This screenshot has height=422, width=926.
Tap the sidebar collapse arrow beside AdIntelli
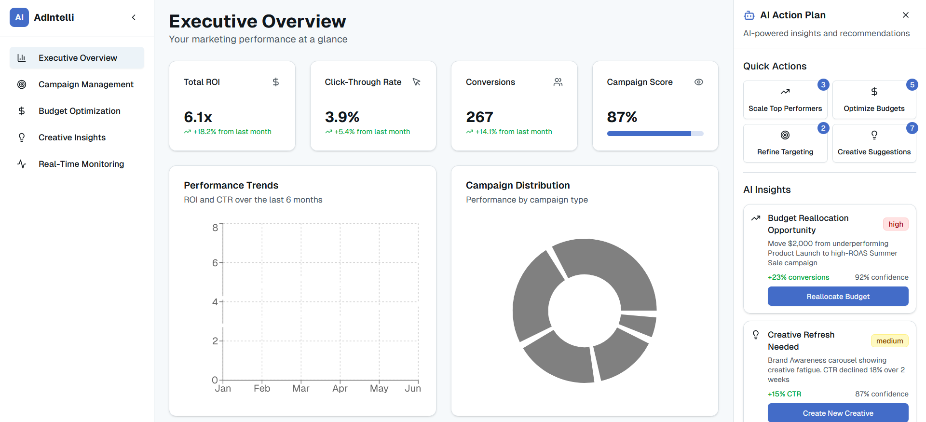134,17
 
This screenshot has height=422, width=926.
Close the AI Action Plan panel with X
906,15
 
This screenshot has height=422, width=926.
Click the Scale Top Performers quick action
785,100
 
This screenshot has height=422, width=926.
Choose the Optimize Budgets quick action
874,100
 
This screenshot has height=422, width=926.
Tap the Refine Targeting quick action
785,143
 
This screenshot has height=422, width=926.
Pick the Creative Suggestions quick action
874,143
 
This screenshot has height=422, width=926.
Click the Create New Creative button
838,413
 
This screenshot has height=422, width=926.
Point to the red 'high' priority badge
896,224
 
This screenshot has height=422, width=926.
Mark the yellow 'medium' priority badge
889,341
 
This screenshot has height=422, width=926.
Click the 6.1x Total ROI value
198,117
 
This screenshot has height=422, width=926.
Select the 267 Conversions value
479,117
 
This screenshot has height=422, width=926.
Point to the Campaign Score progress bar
655,134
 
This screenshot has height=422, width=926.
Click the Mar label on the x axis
301,388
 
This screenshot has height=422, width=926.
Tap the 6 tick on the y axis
215,263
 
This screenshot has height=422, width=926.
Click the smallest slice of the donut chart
638,325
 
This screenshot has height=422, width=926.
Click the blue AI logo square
19,17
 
